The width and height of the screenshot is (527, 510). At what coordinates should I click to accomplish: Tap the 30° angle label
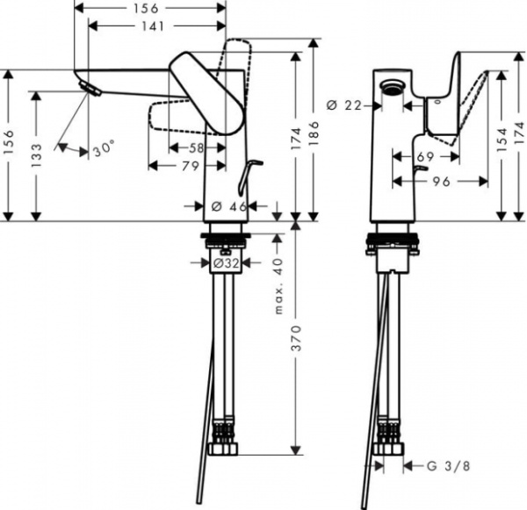[104, 149]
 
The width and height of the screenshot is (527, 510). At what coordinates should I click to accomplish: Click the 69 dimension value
[425, 156]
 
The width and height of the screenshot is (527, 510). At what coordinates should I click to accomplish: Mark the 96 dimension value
[442, 183]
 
